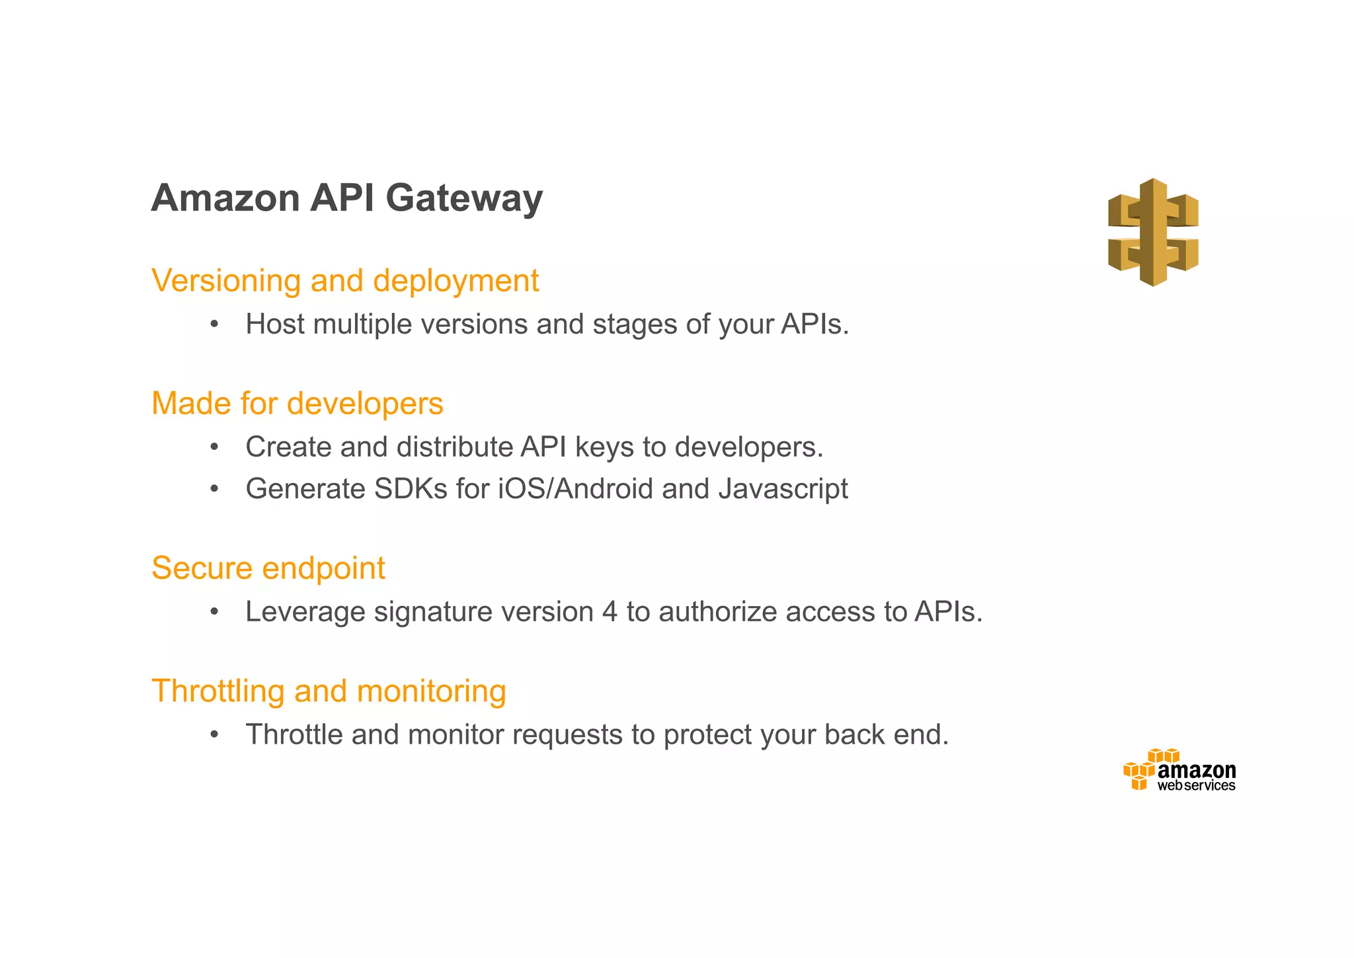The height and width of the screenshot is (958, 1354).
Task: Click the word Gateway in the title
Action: click(x=463, y=198)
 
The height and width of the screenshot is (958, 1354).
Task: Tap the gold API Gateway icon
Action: click(x=1153, y=232)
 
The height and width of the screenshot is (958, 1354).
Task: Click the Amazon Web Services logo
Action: click(x=1179, y=770)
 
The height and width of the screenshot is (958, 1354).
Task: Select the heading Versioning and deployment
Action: click(x=345, y=281)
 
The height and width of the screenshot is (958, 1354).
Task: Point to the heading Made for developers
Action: click(x=297, y=404)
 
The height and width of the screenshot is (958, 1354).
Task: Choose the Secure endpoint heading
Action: click(x=268, y=568)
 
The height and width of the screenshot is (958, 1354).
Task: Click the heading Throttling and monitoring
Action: click(x=329, y=691)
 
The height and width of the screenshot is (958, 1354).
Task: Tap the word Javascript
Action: click(x=783, y=490)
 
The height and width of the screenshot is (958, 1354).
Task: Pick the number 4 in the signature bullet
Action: click(x=610, y=612)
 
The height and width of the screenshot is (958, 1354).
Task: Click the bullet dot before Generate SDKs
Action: click(x=214, y=490)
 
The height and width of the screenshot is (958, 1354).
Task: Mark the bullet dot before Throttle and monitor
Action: click(x=214, y=735)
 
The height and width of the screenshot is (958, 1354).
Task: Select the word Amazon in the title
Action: click(x=225, y=198)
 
